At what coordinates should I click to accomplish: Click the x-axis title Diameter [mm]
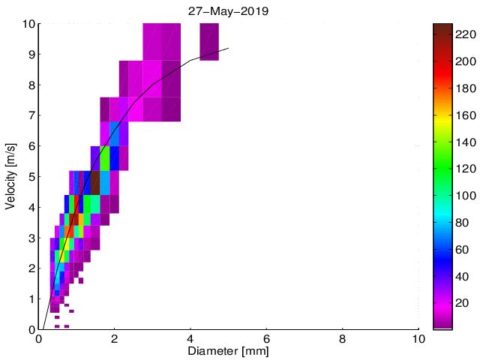[229, 350]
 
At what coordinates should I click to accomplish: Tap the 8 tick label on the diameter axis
[343, 337]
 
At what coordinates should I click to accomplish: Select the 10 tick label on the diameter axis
[418, 337]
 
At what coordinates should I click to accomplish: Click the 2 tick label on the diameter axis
[115, 337]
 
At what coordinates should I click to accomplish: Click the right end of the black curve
[228, 48]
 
